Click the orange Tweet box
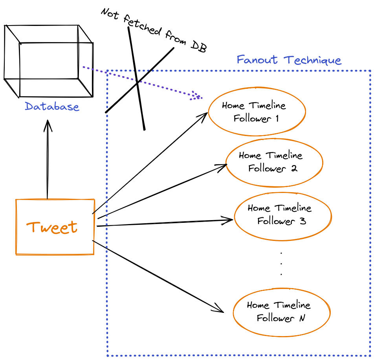[x=55, y=227]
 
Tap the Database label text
[x=52, y=107]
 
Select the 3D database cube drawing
[x=48, y=61]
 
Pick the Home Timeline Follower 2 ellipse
[x=274, y=162]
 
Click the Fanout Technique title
[x=289, y=60]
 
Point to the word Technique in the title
[x=313, y=60]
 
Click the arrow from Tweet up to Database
[x=48, y=161]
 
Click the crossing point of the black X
[x=137, y=83]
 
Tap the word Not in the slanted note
[x=110, y=14]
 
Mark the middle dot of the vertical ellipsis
[x=281, y=263]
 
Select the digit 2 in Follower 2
[x=294, y=169]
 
